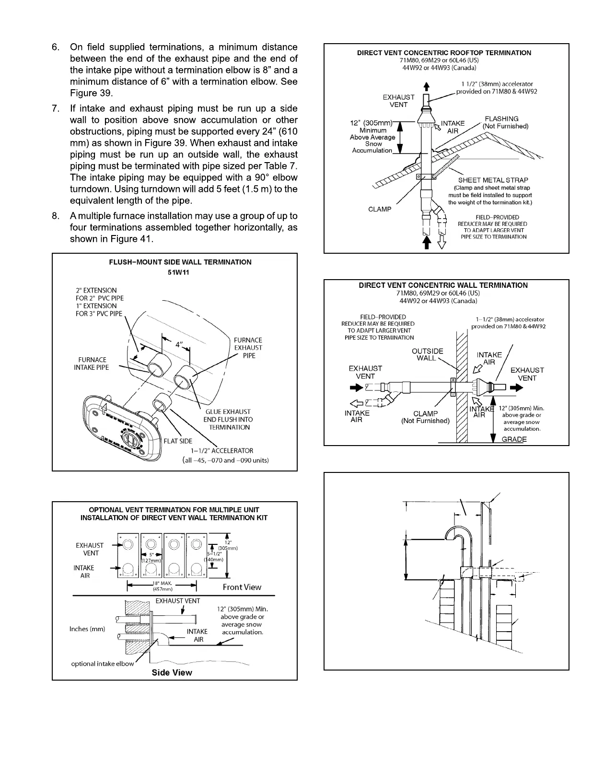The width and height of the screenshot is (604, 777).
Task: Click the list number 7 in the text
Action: pos(56,109)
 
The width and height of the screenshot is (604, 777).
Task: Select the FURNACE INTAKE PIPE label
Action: pos(92,364)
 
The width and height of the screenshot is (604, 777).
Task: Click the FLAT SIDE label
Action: pos(178,441)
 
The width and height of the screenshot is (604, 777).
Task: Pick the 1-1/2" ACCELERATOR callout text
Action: pos(222,451)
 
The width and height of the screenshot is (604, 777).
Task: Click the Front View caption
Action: pos(242,587)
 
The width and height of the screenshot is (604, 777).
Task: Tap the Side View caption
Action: pos(172,672)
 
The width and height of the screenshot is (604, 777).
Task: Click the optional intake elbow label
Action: pos(102,664)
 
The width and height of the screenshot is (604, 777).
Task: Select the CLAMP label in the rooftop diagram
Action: pos(380,209)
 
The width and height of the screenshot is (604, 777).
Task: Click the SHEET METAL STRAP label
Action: pos(493,180)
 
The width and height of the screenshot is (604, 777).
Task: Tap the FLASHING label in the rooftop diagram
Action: pos(501,119)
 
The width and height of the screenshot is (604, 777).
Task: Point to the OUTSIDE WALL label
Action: pos(428,354)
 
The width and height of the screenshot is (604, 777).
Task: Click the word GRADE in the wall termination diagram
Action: pos(514,439)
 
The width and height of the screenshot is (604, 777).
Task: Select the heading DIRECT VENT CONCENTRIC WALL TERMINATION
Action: pos(443,285)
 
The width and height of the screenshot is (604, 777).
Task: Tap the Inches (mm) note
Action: pos(87,629)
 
